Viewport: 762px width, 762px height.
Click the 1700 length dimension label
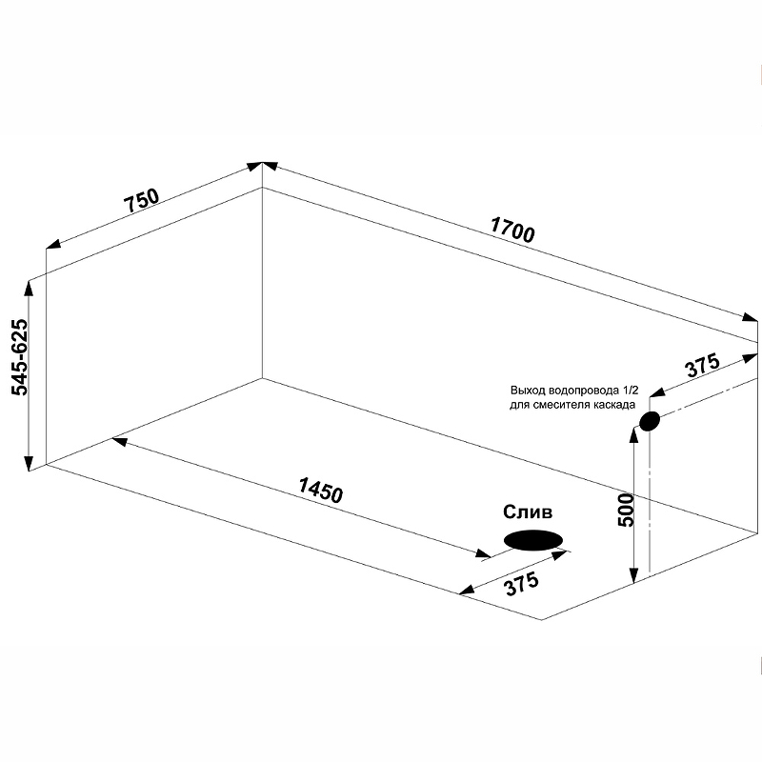[x=512, y=229]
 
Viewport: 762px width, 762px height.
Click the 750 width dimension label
[x=141, y=199]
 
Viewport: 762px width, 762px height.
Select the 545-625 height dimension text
[x=19, y=357]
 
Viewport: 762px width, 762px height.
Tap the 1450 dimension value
[x=321, y=490]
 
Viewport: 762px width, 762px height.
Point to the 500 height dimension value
[x=626, y=510]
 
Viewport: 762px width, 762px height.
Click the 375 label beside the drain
[x=522, y=583]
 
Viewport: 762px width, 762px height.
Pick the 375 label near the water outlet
[x=702, y=366]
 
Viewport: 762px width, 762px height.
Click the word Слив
[x=528, y=511]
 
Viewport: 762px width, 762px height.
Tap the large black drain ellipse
[x=533, y=540]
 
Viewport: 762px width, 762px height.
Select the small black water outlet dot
[x=650, y=421]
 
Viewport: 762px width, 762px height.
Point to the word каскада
[x=616, y=405]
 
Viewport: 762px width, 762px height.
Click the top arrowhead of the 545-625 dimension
[x=29, y=288]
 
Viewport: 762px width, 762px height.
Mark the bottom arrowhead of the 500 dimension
[x=632, y=576]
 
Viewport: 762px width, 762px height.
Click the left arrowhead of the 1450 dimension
[x=120, y=441]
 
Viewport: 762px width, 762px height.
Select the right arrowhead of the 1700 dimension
[x=750, y=318]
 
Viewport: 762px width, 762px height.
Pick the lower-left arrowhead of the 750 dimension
[x=53, y=245]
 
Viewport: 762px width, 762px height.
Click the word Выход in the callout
[x=528, y=391]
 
